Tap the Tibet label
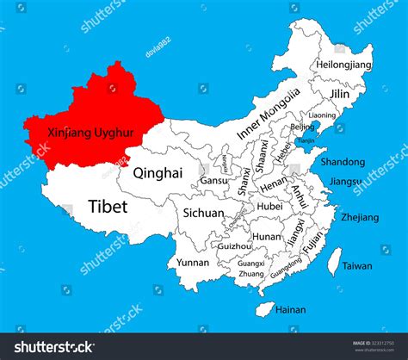point(108,206)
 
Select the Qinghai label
point(158,172)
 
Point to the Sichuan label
point(203,213)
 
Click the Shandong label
point(342,161)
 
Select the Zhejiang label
point(359,218)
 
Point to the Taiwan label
point(357,267)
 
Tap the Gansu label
point(214,181)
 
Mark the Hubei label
point(269,206)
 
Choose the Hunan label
point(267,236)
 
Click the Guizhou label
point(235,245)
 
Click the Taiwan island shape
point(336,262)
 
